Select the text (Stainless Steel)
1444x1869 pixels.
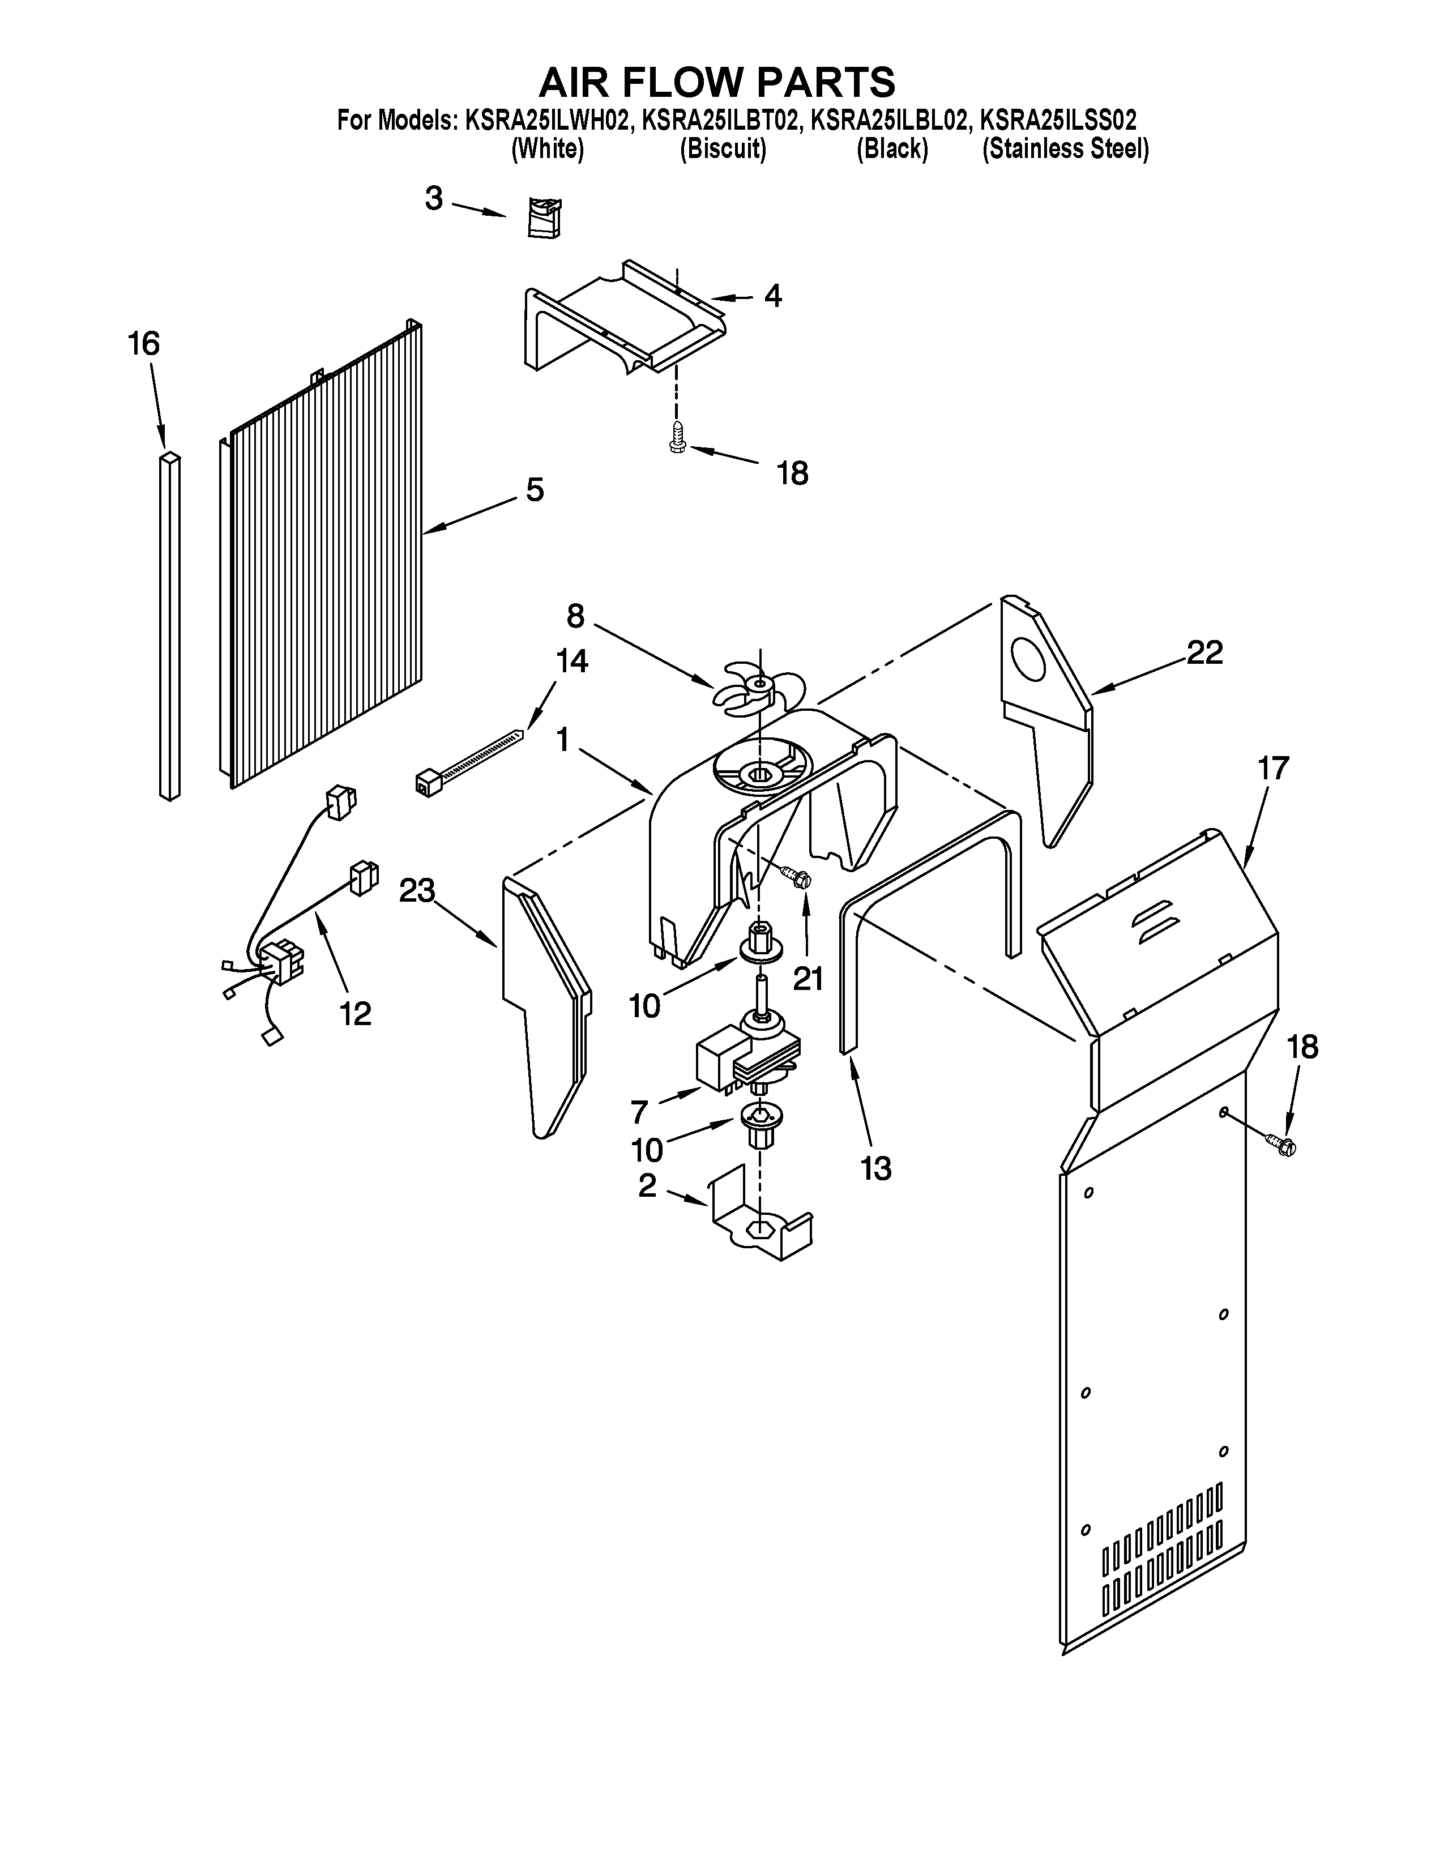pos(1065,150)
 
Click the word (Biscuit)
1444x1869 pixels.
pos(723,150)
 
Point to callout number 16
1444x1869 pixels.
pos(144,344)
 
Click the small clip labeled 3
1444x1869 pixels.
pos(543,217)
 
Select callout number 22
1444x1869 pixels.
pos(1204,653)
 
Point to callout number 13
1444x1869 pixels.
pos(875,1167)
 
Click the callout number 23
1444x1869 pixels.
pos(417,891)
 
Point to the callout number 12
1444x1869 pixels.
pos(355,1013)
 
